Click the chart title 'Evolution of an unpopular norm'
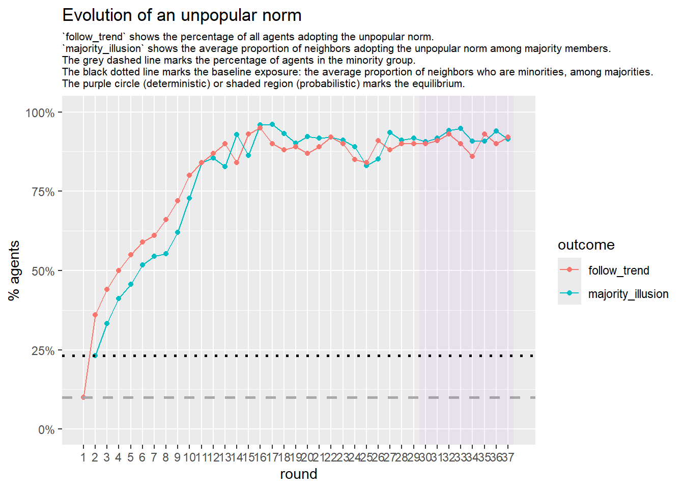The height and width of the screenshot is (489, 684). click(x=182, y=15)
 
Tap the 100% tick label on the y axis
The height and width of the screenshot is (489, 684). click(x=40, y=113)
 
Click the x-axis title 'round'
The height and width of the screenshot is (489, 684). click(x=299, y=474)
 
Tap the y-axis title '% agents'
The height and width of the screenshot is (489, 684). click(x=14, y=270)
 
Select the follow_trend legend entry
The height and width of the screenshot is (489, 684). click(x=618, y=270)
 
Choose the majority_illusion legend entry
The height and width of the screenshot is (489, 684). click(x=628, y=294)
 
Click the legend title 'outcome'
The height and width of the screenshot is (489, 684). click(x=586, y=245)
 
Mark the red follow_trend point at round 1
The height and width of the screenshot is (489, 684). click(x=83, y=397)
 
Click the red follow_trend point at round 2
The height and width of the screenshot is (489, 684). click(x=95, y=315)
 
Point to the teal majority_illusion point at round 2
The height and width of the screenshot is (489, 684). click(x=95, y=356)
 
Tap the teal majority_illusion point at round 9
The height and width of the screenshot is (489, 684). click(x=178, y=232)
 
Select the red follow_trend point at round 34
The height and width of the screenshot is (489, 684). click(x=472, y=156)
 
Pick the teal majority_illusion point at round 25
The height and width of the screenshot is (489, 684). click(x=366, y=166)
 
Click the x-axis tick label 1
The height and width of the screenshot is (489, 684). click(x=83, y=457)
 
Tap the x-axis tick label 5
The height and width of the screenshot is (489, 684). click(x=130, y=457)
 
